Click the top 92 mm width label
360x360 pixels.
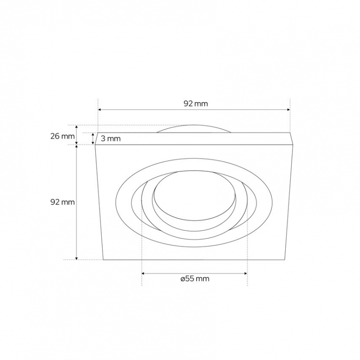click(x=196, y=104)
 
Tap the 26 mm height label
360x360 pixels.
click(x=63, y=136)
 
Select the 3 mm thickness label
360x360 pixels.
click(x=111, y=139)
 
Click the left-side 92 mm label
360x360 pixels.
click(x=63, y=202)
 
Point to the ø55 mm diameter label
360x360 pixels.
click(x=195, y=279)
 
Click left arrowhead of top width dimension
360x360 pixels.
click(x=99, y=110)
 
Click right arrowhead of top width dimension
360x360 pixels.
click(x=288, y=110)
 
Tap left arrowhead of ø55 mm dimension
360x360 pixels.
click(x=143, y=274)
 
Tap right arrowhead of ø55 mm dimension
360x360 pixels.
click(x=246, y=274)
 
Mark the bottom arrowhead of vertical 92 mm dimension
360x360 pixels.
click(x=76, y=258)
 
